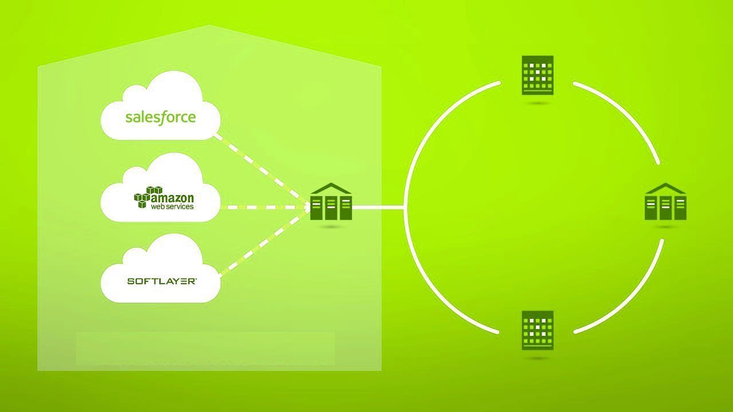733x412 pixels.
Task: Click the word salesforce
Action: tap(160, 118)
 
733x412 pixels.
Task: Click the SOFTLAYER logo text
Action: tap(162, 281)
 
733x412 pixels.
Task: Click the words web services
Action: tap(172, 206)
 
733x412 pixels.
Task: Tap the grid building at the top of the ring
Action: tap(537, 75)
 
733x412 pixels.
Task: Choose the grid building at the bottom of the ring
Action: tap(537, 330)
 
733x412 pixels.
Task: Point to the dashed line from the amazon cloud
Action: tap(266, 207)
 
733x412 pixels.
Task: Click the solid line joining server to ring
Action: tap(378, 207)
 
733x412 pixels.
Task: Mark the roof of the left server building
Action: tap(331, 189)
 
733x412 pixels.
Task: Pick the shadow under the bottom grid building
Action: tap(537, 358)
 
